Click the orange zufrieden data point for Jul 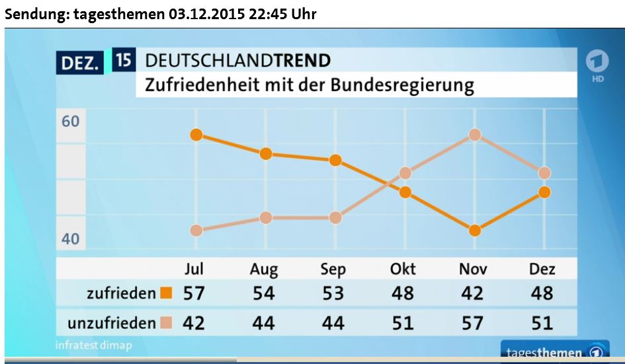point(196,135)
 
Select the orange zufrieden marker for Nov point(474,231)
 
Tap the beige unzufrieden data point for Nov point(474,135)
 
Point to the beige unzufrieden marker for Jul point(196,231)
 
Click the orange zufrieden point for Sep point(335,161)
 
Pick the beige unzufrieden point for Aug point(266,218)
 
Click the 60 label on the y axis point(70,122)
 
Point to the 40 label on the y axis point(70,238)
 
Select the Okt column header point(403,269)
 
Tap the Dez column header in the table point(542,269)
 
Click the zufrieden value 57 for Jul point(194,293)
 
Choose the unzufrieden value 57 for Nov point(472,323)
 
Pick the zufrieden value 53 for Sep point(333,293)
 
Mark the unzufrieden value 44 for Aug point(263,323)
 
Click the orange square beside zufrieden point(166,293)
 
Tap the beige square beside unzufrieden point(166,323)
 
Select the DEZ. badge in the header point(81,64)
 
